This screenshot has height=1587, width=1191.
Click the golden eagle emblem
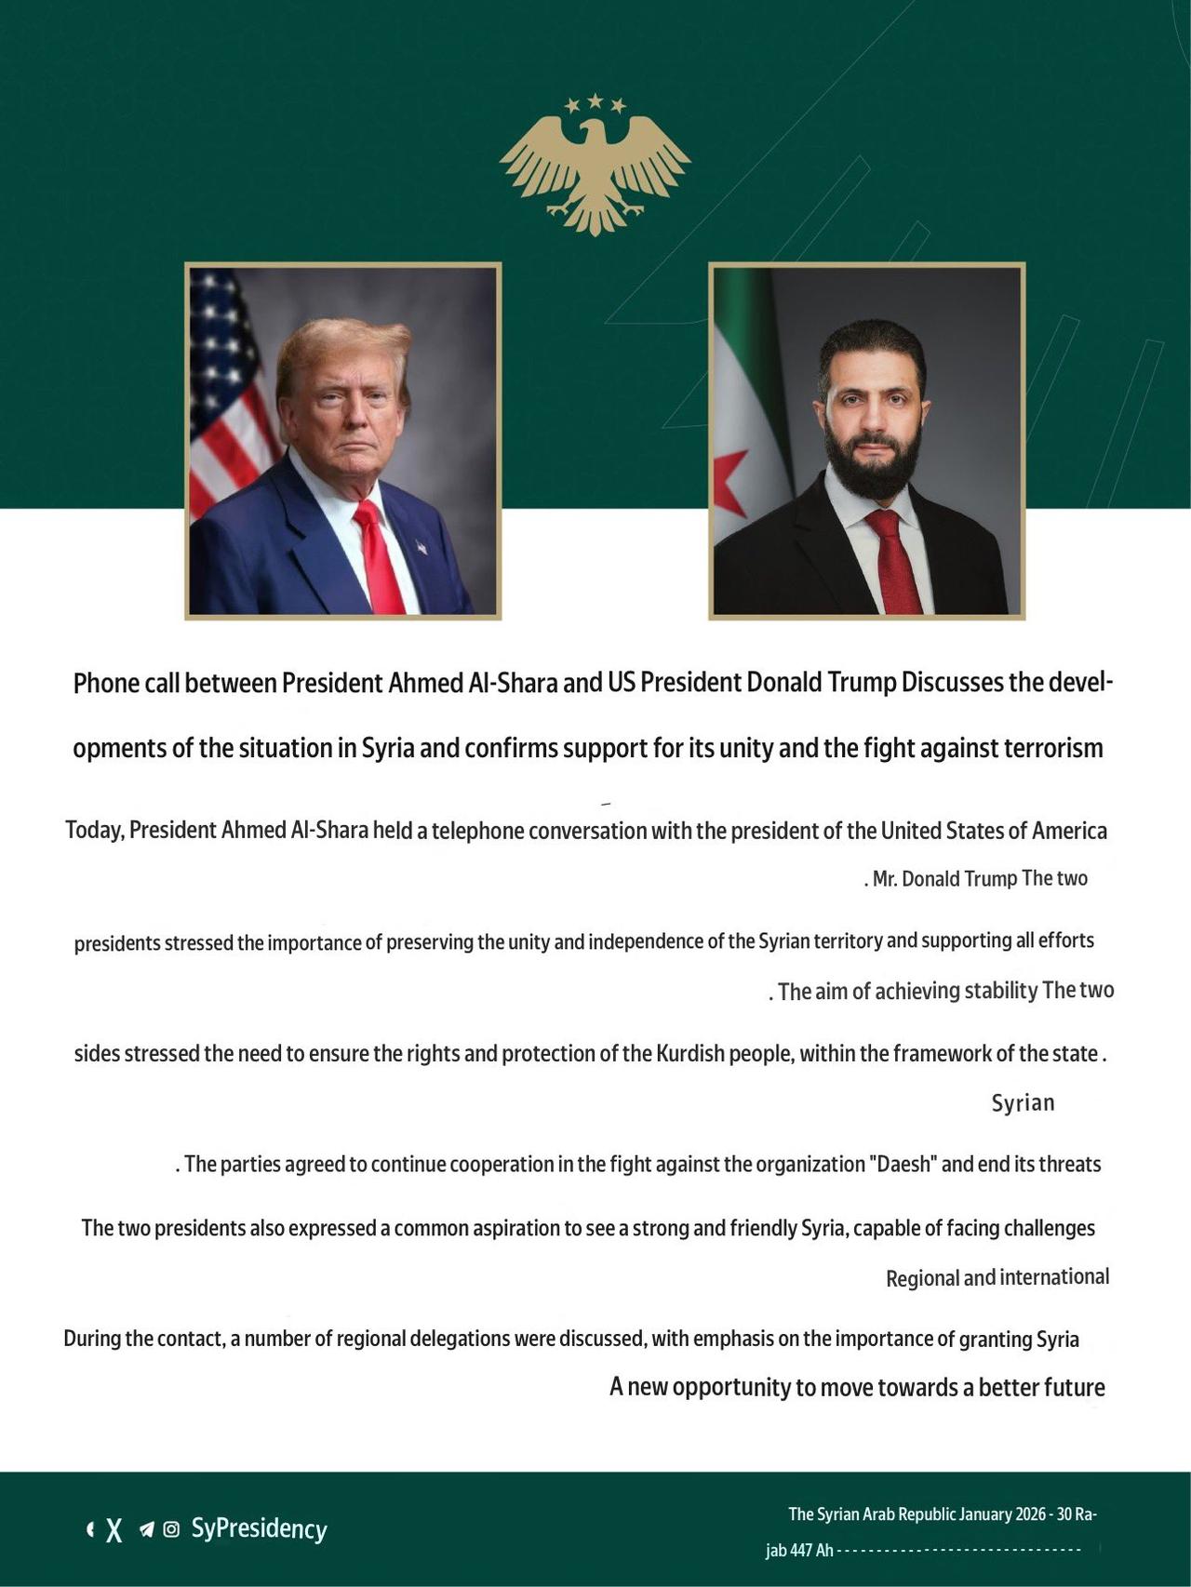tap(595, 172)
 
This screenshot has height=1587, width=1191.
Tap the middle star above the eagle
tap(595, 100)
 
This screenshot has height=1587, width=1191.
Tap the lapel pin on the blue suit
tap(421, 547)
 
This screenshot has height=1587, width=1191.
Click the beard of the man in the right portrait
tap(872, 465)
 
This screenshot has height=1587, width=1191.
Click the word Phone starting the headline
tap(107, 684)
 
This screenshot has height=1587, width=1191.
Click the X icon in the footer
tap(114, 1529)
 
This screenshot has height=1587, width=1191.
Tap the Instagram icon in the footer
tap(171, 1529)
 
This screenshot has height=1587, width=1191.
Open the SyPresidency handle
tap(259, 1529)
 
